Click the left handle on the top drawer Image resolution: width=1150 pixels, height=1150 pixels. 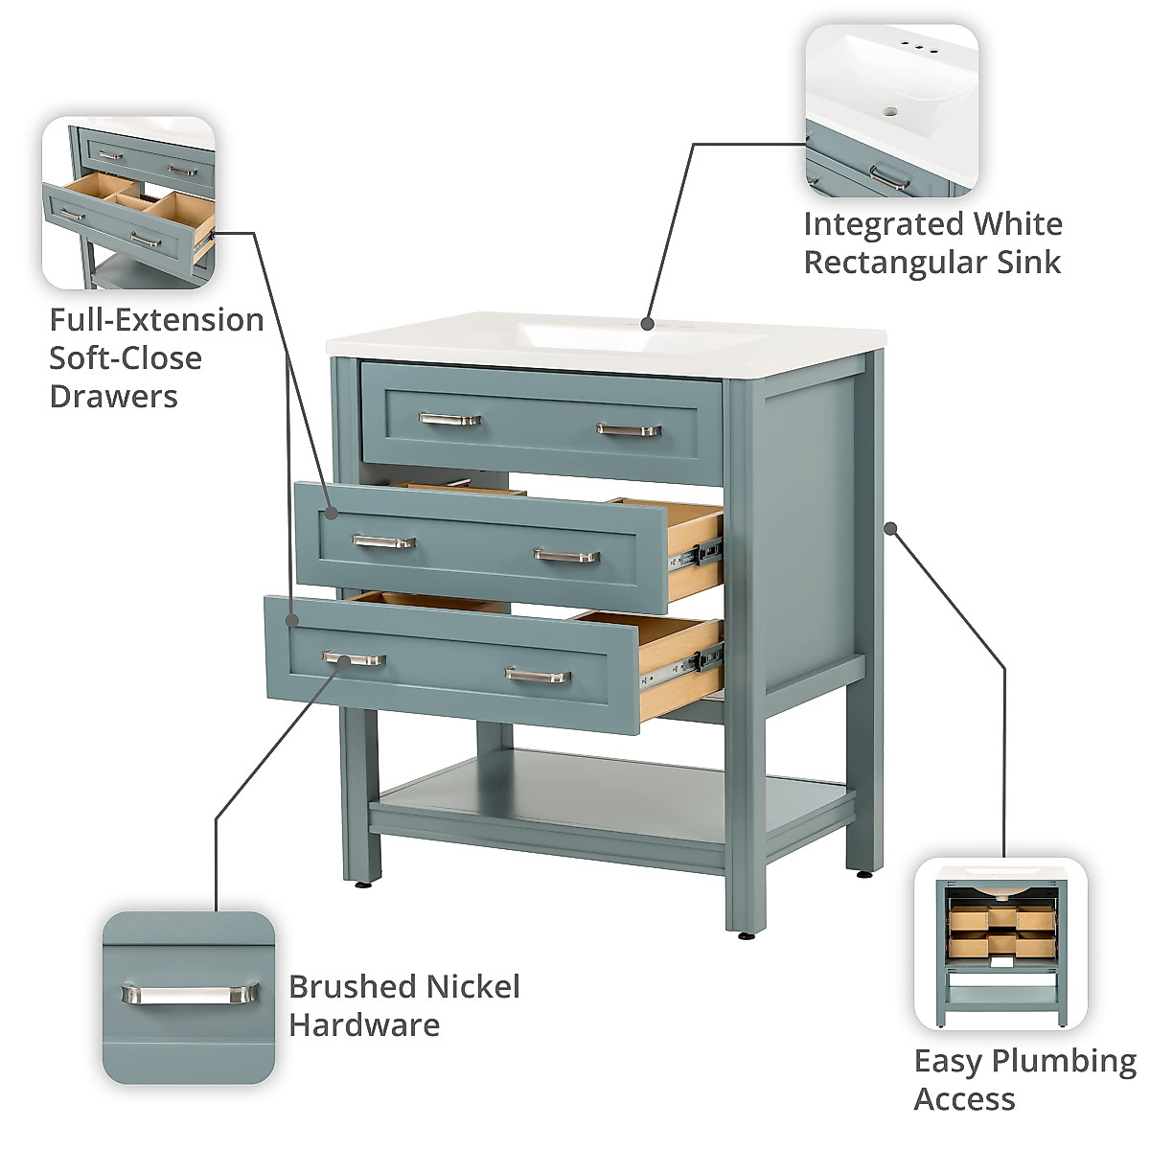click(x=449, y=419)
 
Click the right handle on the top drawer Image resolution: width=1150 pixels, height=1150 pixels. click(x=629, y=429)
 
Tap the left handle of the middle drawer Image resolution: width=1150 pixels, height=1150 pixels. click(x=383, y=542)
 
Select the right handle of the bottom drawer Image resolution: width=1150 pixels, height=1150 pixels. click(x=538, y=676)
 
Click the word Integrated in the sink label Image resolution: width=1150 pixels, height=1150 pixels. click(x=884, y=224)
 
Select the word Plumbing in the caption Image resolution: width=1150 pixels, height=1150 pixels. click(x=1064, y=1061)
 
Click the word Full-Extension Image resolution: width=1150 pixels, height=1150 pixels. click(x=156, y=320)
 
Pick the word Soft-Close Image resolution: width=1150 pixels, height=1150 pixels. click(x=126, y=358)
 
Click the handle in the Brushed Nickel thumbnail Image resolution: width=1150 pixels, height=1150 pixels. click(x=190, y=994)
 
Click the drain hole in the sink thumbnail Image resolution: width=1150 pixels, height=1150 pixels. click(x=890, y=111)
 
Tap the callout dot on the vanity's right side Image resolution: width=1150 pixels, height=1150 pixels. click(x=890, y=528)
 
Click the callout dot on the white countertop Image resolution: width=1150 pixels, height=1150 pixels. click(x=648, y=323)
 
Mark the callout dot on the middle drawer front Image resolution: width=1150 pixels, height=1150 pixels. click(x=331, y=513)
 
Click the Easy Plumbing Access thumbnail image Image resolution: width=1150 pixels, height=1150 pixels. click(x=1000, y=944)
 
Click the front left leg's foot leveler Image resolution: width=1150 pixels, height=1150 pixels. click(x=362, y=884)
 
